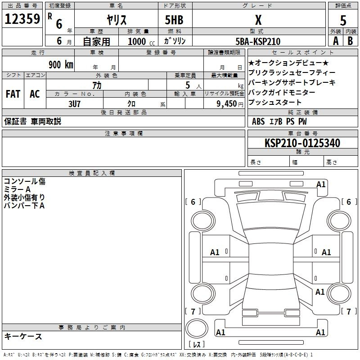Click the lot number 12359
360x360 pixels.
click(22, 19)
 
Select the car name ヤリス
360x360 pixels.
click(117, 20)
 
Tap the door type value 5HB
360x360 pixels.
click(174, 20)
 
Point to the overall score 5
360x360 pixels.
click(343, 20)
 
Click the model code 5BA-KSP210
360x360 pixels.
click(258, 41)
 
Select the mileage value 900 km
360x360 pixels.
click(61, 64)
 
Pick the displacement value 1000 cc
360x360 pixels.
click(141, 41)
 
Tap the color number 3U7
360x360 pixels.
click(74, 104)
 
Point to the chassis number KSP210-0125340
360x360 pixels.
click(302, 143)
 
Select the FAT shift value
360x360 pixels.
click(13, 94)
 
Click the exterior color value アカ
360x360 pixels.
click(97, 85)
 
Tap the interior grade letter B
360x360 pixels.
click(350, 41)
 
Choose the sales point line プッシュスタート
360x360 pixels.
click(275, 102)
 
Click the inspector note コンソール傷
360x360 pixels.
click(25, 181)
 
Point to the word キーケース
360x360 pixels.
click(23, 336)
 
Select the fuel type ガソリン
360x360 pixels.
click(175, 41)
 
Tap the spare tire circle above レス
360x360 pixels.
click(197, 328)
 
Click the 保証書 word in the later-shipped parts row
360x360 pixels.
click(15, 121)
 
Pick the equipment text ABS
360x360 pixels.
click(258, 121)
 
